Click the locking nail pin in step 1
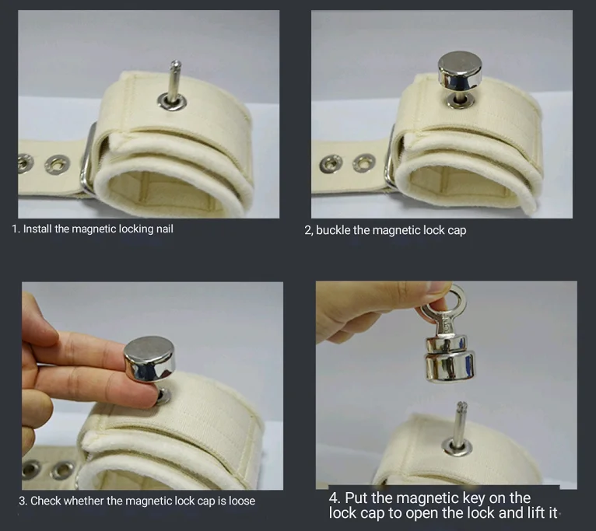tap(174, 81)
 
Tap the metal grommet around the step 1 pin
tap(172, 101)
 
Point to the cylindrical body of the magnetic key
tap(450, 359)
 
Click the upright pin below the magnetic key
tap(459, 424)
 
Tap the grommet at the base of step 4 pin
tap(457, 447)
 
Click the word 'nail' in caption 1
tap(165, 229)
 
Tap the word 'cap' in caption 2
tap(457, 231)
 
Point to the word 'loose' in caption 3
tap(241, 501)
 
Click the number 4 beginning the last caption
tap(333, 498)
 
